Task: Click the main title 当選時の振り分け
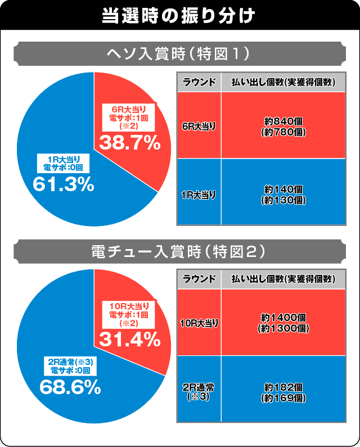179,15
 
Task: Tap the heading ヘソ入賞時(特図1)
179,55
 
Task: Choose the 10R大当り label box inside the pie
130,313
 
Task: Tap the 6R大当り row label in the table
199,126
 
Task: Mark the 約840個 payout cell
283,126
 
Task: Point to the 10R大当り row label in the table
199,323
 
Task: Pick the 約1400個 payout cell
283,323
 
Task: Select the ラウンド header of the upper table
199,82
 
